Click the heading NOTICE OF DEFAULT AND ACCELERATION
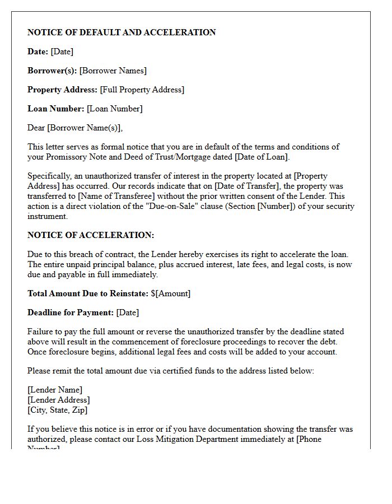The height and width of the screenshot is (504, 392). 122,32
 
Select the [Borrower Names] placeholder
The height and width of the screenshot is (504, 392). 113,71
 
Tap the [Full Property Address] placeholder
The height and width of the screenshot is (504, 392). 142,90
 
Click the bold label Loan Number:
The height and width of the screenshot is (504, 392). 56,109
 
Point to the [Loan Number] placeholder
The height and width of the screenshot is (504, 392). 115,109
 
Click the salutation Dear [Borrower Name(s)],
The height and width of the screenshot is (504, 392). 75,128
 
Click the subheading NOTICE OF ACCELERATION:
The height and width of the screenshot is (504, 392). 91,235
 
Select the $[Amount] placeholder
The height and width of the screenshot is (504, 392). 171,293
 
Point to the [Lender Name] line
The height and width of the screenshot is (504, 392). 55,390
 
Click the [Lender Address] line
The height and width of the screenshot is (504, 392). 59,400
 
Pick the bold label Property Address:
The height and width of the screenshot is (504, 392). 63,90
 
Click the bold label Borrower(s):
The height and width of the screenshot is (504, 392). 52,71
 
